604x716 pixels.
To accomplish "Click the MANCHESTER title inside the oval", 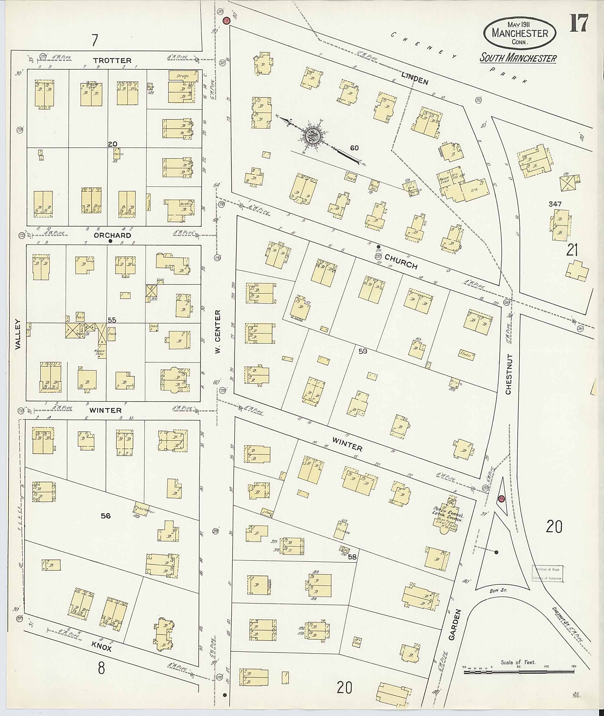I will point(520,33).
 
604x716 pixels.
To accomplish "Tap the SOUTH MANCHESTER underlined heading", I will point(518,58).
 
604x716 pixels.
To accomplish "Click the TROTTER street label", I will point(112,61).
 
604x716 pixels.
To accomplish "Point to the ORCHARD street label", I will point(112,236).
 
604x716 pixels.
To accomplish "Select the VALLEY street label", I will point(18,334).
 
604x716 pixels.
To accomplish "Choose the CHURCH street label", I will point(401,261).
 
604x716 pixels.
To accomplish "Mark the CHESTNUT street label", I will point(508,374).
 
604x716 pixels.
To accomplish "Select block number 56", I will point(106,525).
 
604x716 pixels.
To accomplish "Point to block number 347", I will point(555,204).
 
